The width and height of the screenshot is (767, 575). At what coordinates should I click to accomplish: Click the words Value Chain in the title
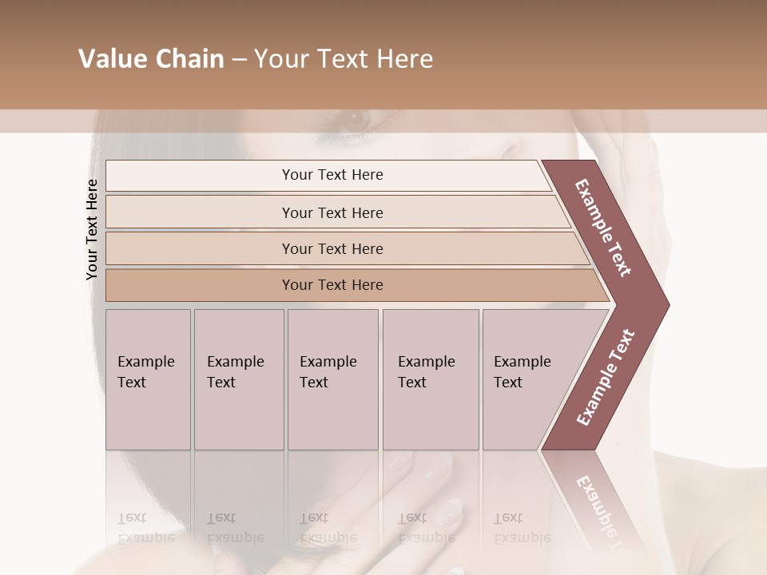151,59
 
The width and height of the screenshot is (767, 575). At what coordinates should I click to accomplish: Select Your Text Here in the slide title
344,59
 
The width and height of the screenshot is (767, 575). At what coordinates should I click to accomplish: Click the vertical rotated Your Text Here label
92,229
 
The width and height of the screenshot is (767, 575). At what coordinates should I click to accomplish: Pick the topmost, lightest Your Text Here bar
332,175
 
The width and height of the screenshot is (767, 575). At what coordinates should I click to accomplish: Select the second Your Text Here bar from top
332,212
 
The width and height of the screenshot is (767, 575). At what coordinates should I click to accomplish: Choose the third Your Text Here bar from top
332,248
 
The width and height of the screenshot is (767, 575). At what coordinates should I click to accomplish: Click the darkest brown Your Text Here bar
332,285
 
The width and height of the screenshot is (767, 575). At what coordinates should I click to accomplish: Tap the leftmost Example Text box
148,379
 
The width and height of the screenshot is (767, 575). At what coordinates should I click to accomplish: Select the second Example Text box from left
238,379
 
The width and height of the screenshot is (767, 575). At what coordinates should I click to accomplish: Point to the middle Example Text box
332,379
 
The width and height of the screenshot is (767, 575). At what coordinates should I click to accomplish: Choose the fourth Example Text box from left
430,379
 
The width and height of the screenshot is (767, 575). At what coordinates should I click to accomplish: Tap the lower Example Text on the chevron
606,377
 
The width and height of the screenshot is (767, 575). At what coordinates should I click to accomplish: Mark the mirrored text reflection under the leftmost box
145,528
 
